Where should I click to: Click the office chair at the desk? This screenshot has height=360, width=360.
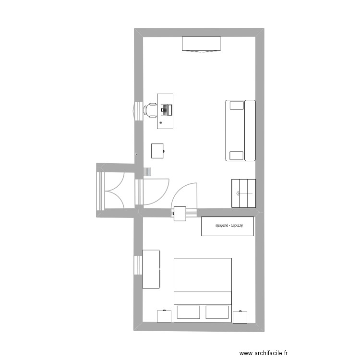point(151,110)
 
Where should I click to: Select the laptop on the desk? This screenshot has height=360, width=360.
point(167,110)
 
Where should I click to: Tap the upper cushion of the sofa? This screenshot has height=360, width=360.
point(237,105)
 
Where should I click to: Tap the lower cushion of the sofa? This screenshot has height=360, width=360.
point(236,155)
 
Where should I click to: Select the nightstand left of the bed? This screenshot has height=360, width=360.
point(164,316)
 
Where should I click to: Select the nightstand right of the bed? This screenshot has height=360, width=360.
point(240,317)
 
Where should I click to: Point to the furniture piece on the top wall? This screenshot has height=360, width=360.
point(201,44)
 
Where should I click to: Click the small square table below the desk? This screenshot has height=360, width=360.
point(157,151)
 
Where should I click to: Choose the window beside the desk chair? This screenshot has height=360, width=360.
point(137,110)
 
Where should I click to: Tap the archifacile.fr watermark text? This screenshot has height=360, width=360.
point(264,353)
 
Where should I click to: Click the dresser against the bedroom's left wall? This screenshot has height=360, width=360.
point(151,269)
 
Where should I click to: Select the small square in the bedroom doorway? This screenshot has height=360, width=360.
point(180,214)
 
